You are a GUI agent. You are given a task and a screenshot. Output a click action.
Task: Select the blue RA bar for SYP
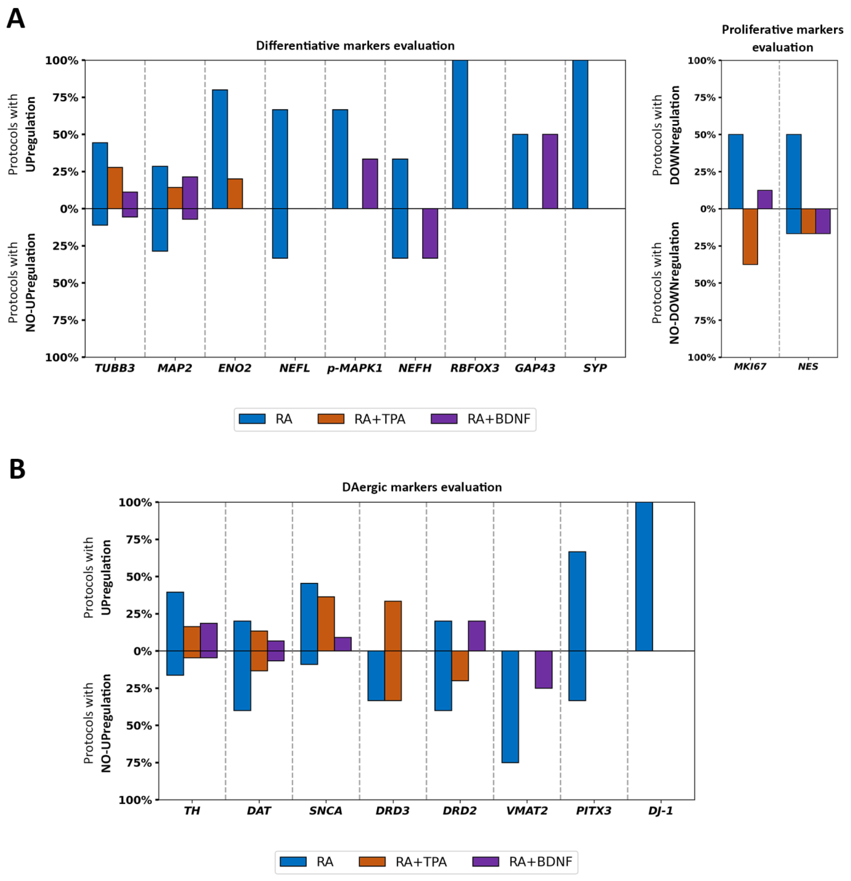tap(580, 134)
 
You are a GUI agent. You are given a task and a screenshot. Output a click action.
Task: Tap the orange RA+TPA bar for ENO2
tap(235, 194)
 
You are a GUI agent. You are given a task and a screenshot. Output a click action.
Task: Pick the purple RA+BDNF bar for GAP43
tap(550, 171)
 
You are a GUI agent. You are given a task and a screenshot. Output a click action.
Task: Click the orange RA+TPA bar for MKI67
tap(750, 236)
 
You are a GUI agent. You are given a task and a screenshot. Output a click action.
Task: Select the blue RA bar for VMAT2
tap(510, 707)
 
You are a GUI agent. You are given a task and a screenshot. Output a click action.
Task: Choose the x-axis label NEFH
tap(414, 368)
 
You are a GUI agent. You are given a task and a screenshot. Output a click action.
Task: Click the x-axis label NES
tap(808, 366)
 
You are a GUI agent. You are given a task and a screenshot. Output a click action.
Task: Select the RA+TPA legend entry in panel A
tap(361, 419)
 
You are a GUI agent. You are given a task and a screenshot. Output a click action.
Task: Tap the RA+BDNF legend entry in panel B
tap(523, 862)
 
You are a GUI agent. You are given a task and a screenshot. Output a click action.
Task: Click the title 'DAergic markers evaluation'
tap(422, 487)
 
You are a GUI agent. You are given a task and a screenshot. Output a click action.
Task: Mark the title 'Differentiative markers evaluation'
tap(355, 45)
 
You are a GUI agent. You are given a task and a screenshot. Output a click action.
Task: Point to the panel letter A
tap(16, 19)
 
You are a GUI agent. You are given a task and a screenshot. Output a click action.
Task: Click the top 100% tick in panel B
tap(135, 503)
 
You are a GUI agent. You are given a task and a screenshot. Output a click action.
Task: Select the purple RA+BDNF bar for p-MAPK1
tap(370, 184)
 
